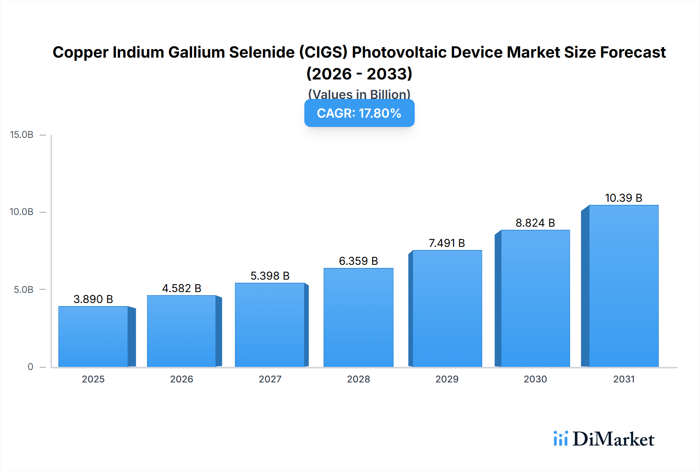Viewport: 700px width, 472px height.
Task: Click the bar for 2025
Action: (93, 337)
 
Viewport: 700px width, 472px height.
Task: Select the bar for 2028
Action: (358, 317)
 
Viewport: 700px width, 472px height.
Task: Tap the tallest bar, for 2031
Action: (623, 286)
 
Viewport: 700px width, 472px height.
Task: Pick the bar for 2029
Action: (447, 308)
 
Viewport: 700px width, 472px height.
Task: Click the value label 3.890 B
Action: (93, 299)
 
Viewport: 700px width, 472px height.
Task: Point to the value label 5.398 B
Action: (270, 276)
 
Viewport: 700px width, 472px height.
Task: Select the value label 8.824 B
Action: (535, 223)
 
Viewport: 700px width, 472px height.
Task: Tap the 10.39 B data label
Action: (623, 198)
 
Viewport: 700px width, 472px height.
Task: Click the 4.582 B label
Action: (182, 288)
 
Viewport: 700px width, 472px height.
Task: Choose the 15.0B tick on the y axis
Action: (22, 135)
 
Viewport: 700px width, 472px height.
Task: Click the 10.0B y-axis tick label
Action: (22, 212)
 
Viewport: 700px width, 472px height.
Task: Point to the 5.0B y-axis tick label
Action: (24, 289)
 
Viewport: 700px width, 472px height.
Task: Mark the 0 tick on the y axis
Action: (30, 366)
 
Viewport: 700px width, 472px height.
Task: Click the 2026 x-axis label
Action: (182, 379)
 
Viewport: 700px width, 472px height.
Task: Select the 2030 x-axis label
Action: (535, 379)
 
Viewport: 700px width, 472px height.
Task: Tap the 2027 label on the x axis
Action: (270, 379)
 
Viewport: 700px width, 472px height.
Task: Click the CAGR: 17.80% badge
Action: (359, 113)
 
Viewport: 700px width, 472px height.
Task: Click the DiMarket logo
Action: (604, 439)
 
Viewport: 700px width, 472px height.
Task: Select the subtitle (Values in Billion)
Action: (359, 94)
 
